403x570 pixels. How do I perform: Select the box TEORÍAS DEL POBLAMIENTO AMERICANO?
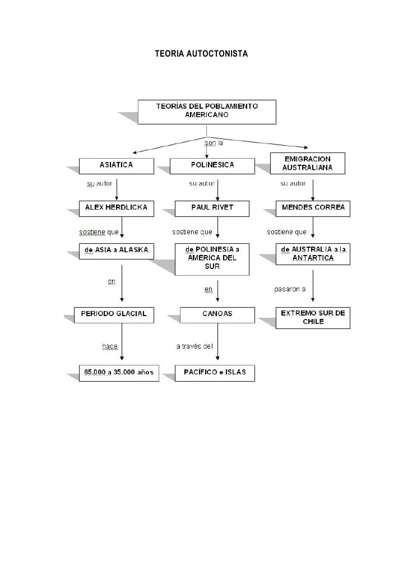coord(207,111)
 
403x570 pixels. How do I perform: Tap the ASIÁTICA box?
coord(116,165)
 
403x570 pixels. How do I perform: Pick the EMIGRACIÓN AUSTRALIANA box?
coord(307,163)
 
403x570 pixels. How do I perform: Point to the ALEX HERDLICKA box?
coord(116,208)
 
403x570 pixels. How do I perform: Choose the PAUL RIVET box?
coord(212,208)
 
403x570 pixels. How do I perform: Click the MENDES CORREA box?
coord(313,208)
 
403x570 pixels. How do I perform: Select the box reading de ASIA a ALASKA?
coord(116,251)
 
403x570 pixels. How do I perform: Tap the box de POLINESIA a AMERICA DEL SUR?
coord(212,258)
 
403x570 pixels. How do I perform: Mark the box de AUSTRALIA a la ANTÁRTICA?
coord(313,254)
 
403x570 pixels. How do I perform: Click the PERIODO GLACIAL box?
coord(114,314)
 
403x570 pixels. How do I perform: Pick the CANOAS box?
coord(217,314)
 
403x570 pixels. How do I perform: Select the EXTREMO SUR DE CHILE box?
coord(313,318)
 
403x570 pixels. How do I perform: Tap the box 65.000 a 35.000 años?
coord(119,373)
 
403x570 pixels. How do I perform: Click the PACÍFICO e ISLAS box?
coord(215,373)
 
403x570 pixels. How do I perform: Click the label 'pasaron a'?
coord(289,290)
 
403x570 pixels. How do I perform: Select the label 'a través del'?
coord(194,346)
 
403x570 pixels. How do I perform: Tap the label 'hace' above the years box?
coord(110,346)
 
